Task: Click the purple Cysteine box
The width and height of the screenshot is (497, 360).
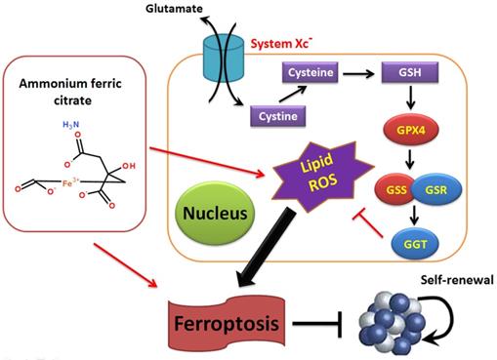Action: point(311,72)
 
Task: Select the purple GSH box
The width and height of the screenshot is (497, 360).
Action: point(410,72)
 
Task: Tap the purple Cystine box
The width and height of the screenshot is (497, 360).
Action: point(277,116)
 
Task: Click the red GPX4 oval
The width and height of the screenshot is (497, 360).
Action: point(411,131)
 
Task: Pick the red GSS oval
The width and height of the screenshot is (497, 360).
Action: point(395,189)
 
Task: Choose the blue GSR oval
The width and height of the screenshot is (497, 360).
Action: point(436,189)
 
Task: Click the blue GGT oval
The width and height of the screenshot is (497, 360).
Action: point(415,244)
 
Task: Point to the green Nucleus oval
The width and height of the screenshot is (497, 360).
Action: point(215,213)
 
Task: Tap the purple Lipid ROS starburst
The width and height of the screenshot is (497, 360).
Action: point(320,177)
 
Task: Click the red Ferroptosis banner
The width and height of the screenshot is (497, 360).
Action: point(227,323)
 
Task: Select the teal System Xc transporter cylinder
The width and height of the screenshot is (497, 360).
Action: point(224,58)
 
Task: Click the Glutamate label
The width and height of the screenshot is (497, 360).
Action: point(174,8)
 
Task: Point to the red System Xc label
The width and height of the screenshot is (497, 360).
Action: point(281,44)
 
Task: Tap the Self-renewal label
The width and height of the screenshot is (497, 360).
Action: point(457,280)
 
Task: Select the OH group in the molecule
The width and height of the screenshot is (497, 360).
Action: point(129,166)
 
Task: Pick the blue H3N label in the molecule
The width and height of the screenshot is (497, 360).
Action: point(70,124)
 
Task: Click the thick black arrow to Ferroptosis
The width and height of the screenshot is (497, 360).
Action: point(265,248)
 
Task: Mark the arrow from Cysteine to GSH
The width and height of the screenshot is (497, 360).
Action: point(358,74)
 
